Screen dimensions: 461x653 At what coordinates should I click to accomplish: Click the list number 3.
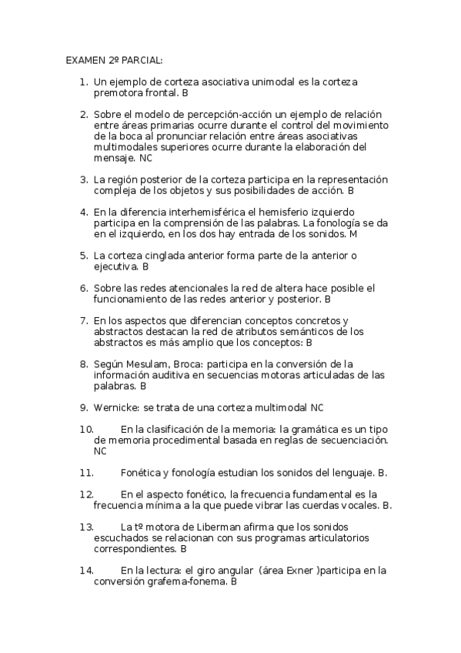84,179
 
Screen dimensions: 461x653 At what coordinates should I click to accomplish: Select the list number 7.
84,320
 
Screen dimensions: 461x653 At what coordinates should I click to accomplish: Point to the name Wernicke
116,407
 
